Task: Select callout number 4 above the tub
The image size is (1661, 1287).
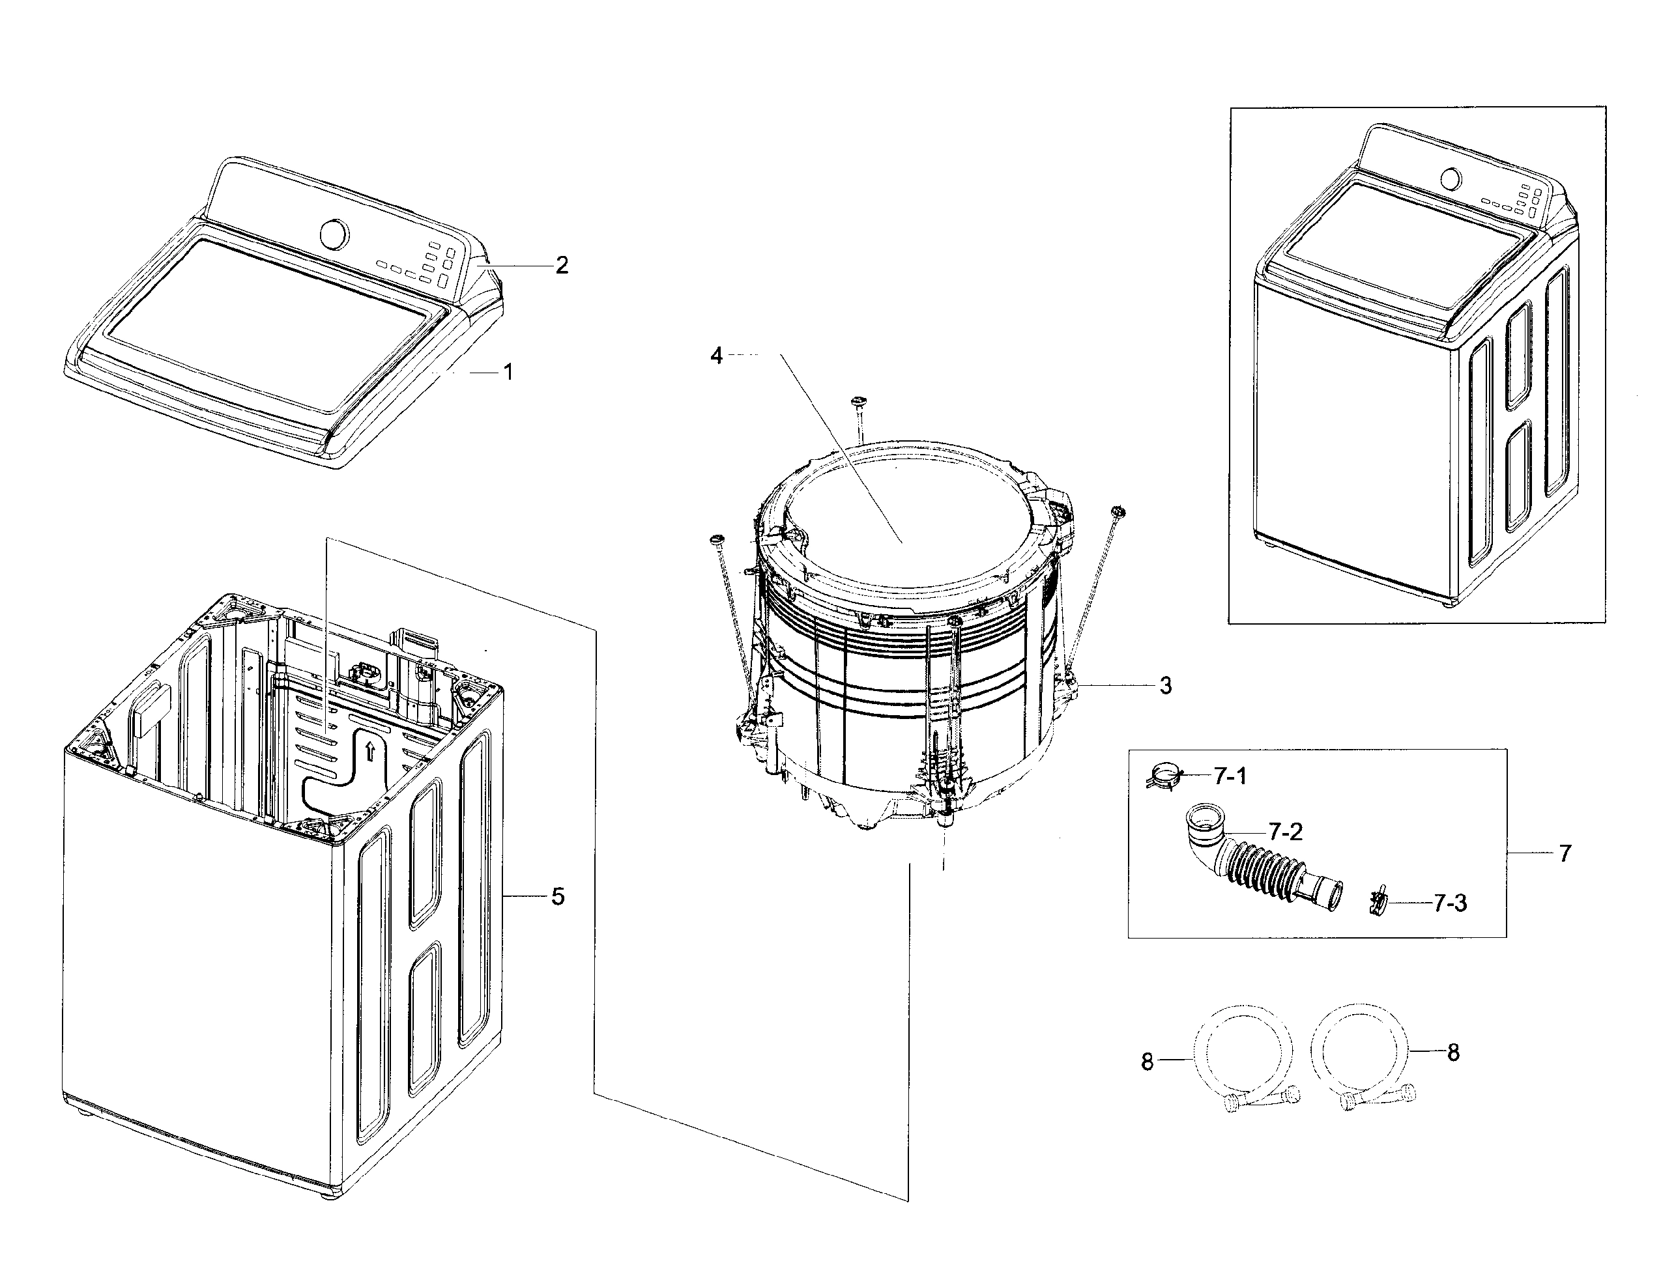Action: point(715,355)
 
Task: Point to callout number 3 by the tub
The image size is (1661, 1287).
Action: point(1166,686)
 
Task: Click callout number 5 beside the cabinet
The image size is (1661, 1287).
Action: point(558,897)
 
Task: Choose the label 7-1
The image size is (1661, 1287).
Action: point(1230,776)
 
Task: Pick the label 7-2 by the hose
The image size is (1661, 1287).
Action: point(1285,832)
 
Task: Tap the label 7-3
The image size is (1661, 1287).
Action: point(1450,903)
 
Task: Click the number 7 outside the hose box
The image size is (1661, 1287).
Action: point(1565,854)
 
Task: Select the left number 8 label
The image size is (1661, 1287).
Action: point(1148,1061)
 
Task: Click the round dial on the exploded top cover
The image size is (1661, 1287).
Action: point(335,233)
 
